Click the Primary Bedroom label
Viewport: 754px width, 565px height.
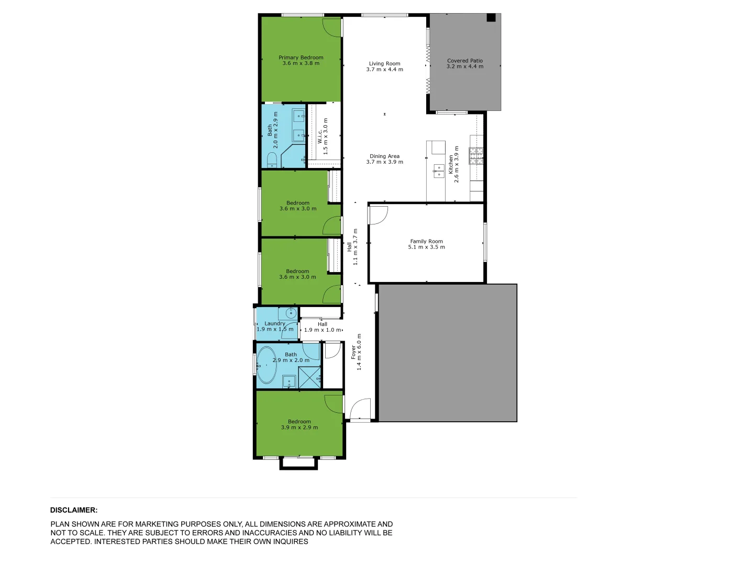(301, 58)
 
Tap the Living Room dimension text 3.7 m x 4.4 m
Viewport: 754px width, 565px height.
(384, 70)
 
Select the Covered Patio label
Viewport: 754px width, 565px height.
(464, 61)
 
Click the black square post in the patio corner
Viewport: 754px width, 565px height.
(491, 18)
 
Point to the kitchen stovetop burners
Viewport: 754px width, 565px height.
(476, 155)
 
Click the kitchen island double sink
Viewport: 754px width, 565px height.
(438, 171)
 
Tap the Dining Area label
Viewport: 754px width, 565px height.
(384, 156)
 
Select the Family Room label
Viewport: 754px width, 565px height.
(426, 241)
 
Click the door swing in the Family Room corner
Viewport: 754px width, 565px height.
(378, 214)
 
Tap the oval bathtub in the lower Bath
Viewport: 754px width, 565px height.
(267, 365)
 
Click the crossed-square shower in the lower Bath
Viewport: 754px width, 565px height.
(309, 377)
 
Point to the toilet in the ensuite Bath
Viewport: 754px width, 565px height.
(272, 159)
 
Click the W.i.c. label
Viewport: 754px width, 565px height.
(320, 137)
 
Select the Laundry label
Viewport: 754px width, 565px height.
(274, 323)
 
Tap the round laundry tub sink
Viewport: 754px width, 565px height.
(291, 314)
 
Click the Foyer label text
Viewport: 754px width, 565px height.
(353, 352)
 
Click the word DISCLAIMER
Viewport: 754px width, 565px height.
(74, 510)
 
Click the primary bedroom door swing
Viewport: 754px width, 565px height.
(332, 26)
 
